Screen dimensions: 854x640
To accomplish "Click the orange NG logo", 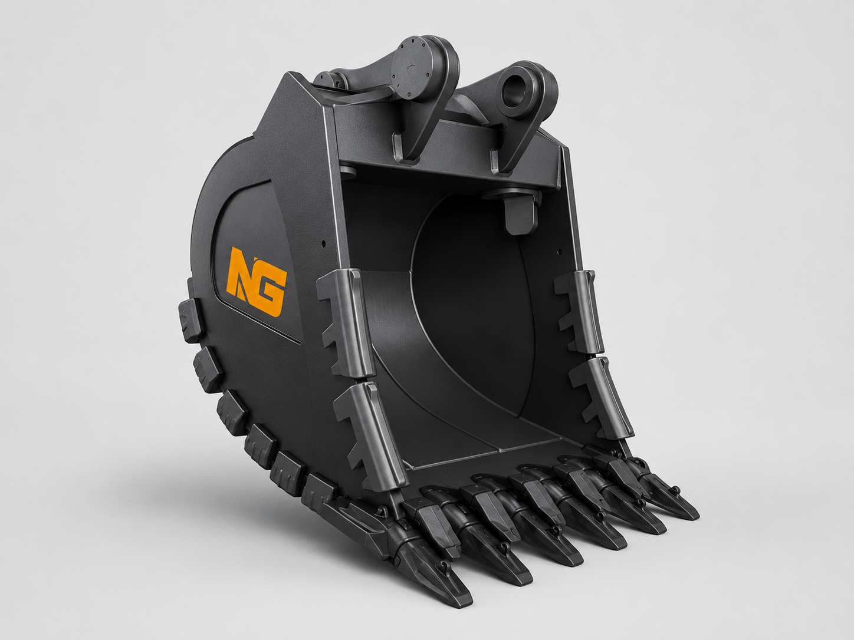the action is (257, 282).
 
